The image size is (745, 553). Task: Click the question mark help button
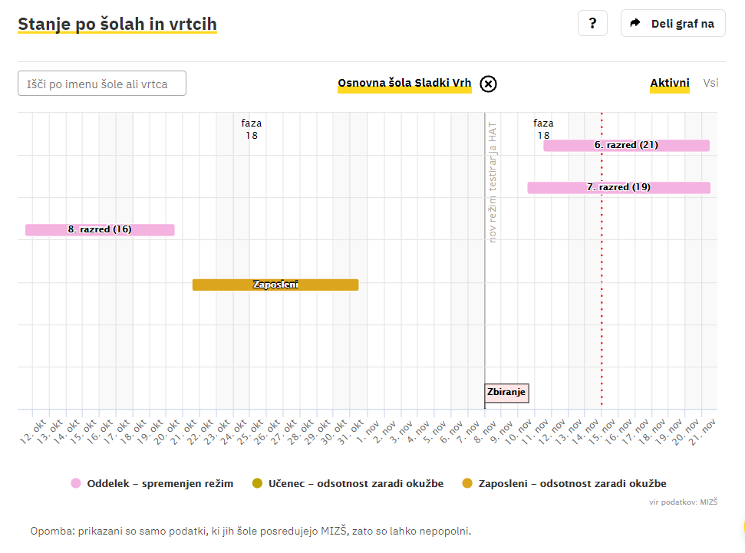coord(592,23)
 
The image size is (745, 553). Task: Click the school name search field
coord(102,84)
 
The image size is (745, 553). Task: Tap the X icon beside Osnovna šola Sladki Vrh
coord(488,84)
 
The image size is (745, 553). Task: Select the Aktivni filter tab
coord(669,84)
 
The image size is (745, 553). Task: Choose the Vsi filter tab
coord(710,83)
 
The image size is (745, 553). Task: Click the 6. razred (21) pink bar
coord(626,145)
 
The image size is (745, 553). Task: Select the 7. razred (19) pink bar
coord(618,187)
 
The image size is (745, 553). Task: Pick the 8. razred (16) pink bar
coord(100,229)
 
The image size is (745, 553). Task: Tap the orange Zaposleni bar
coord(275,285)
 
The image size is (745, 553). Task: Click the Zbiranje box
coord(506,393)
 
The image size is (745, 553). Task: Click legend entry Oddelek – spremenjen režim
coord(152,483)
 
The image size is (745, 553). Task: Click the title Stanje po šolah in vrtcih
coord(117,25)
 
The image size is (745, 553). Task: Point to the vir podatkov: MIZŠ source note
coord(684,502)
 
